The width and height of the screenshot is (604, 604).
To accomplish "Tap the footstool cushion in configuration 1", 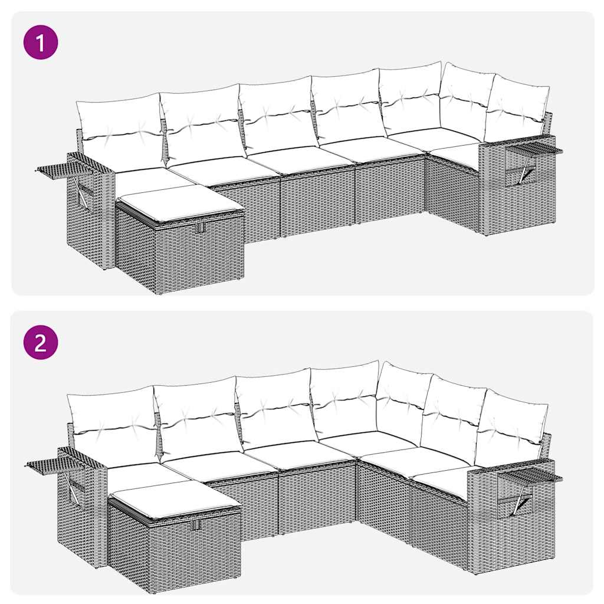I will [x=180, y=203].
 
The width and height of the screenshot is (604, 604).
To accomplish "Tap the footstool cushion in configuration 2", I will [x=175, y=499].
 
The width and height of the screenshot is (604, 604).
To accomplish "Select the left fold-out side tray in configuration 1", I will [x=59, y=169].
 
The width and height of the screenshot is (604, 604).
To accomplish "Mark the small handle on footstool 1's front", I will [x=200, y=228].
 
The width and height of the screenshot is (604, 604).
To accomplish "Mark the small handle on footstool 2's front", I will [x=196, y=524].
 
